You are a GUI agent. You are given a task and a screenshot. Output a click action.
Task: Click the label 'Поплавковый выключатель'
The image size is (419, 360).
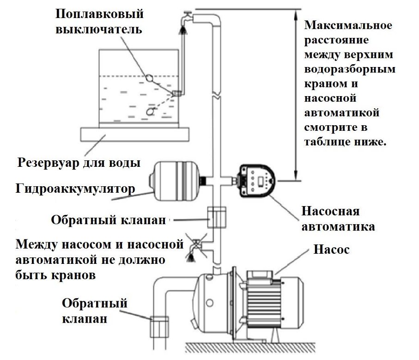(x=99, y=21)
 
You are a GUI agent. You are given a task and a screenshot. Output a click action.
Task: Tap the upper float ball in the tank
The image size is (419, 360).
(x=151, y=78)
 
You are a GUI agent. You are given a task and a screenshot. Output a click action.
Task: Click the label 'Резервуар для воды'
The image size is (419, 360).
(x=79, y=163)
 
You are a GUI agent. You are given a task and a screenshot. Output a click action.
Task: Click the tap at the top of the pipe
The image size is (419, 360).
(x=185, y=18)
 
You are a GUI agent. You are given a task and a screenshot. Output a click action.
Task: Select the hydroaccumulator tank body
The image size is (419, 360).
(x=174, y=181)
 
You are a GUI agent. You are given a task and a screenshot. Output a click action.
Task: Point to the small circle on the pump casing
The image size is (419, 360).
(x=210, y=303)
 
